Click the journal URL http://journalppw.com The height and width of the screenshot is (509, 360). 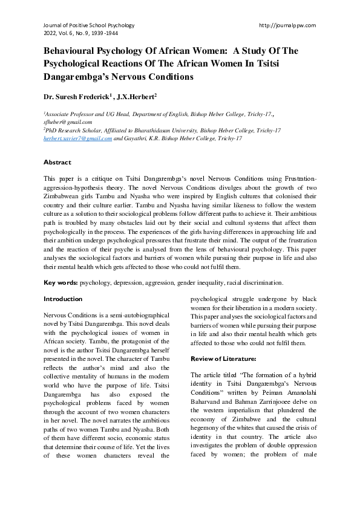pyautogui.click(x=287, y=25)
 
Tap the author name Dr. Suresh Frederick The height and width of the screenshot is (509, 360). pyautogui.click(x=74, y=96)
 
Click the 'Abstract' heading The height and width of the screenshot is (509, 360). pyautogui.click(x=57, y=163)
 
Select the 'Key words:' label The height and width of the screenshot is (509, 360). pyautogui.click(x=61, y=282)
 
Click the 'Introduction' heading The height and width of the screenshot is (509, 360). pyautogui.click(x=63, y=299)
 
